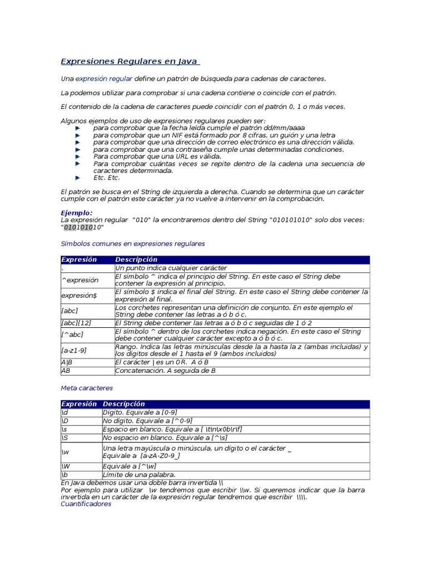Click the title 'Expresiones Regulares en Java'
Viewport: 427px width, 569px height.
tap(129, 61)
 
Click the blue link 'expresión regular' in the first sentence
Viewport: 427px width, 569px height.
tap(103, 79)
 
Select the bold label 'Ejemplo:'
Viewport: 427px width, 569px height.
tap(76, 213)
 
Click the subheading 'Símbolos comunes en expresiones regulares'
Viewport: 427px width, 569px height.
tap(132, 243)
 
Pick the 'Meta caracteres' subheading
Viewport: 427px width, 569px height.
tap(86, 387)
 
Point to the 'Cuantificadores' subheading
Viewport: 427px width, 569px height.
tap(86, 504)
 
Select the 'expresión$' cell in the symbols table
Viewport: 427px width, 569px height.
tap(79, 296)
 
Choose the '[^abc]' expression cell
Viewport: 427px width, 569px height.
tap(73, 335)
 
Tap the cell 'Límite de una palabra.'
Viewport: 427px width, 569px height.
tap(139, 475)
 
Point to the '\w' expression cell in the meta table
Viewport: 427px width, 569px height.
tap(65, 452)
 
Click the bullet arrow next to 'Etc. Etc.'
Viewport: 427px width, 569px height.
tap(77, 178)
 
